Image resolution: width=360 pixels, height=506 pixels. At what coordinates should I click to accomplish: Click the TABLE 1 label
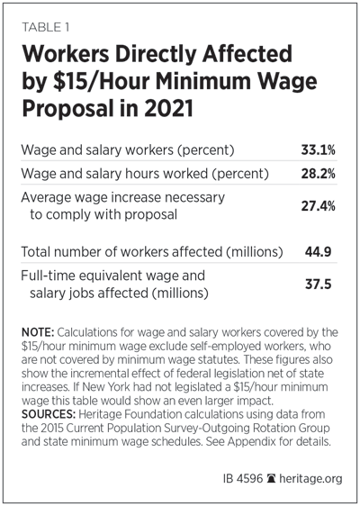pyautogui.click(x=45, y=27)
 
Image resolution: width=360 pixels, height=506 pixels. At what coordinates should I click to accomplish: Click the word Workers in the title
pyautogui.click(x=66, y=54)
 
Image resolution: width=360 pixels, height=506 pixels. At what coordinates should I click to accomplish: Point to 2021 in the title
pyautogui.click(x=168, y=109)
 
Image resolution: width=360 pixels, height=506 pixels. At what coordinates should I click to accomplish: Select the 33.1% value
pyautogui.click(x=318, y=150)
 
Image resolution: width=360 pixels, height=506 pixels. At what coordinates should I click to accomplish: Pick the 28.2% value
pyautogui.click(x=318, y=174)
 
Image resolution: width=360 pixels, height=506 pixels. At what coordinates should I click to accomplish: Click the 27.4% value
pyautogui.click(x=318, y=206)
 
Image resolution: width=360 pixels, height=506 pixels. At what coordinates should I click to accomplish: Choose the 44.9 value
pyautogui.click(x=318, y=252)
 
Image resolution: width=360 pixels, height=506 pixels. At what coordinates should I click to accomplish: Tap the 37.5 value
pyautogui.click(x=318, y=285)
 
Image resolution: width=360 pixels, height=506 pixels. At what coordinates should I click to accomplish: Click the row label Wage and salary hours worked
pyautogui.click(x=115, y=175)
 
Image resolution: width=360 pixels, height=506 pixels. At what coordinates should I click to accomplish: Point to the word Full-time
pyautogui.click(x=49, y=276)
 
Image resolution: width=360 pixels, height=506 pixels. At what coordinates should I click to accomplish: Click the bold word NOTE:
pyautogui.click(x=38, y=332)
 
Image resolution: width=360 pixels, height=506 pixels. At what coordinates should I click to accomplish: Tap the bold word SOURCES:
pyautogui.click(x=49, y=414)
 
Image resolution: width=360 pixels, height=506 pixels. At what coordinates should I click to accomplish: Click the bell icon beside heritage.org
pyautogui.click(x=271, y=478)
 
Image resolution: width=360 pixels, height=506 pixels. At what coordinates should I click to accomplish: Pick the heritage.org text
pyautogui.click(x=310, y=479)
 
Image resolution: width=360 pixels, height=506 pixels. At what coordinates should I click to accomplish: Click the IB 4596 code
pyautogui.click(x=243, y=478)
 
